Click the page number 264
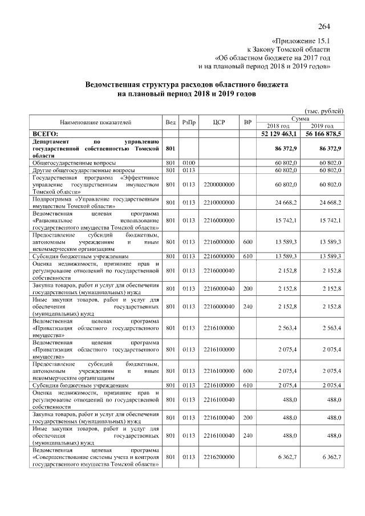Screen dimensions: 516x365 (325, 26)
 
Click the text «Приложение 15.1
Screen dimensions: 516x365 (301, 41)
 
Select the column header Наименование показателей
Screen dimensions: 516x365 (95, 122)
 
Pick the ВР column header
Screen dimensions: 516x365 (247, 122)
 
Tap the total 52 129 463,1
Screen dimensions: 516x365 (277, 133)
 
